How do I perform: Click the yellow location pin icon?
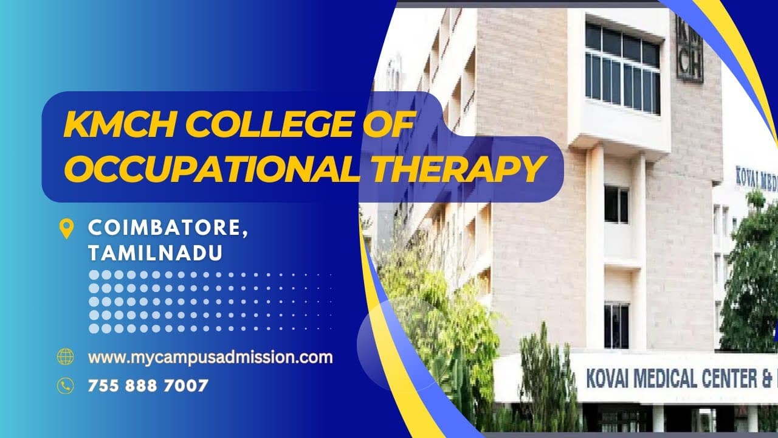(66, 228)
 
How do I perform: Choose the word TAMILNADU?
(155, 253)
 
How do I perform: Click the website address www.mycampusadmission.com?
(210, 357)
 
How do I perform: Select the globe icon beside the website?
(65, 357)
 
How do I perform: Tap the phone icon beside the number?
(65, 385)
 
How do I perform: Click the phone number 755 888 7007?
(148, 385)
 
